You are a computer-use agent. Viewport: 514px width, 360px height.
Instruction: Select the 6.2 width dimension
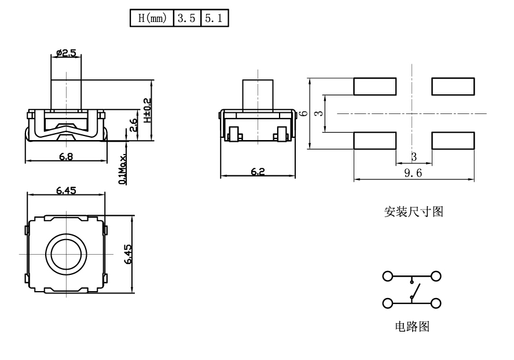[x=257, y=172]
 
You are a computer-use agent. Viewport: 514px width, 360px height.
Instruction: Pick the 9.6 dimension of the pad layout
[x=413, y=173]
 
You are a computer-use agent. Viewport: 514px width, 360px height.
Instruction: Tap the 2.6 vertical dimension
[x=134, y=125]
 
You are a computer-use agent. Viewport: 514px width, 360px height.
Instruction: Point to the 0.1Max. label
[x=123, y=168]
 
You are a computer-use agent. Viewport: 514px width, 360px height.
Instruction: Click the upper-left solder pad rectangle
[x=375, y=86]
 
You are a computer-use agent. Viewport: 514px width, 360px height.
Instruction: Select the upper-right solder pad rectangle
[x=453, y=86]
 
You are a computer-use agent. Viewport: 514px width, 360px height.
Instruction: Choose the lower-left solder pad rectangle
[x=375, y=141]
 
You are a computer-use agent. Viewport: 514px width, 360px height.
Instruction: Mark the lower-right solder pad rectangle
[x=453, y=141]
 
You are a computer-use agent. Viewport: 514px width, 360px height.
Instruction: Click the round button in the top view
[x=66, y=254]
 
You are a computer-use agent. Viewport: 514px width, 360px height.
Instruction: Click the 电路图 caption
[x=412, y=327]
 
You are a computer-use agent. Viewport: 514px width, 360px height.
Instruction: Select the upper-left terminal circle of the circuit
[x=388, y=276]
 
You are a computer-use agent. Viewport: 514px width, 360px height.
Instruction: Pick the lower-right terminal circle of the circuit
[x=436, y=303]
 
